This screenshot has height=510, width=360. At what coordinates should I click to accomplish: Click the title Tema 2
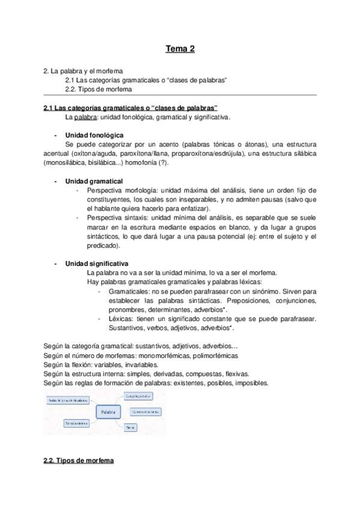pyautogui.click(x=180, y=49)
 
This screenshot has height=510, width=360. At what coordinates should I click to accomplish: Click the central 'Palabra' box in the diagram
pyautogui.click(x=108, y=412)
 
